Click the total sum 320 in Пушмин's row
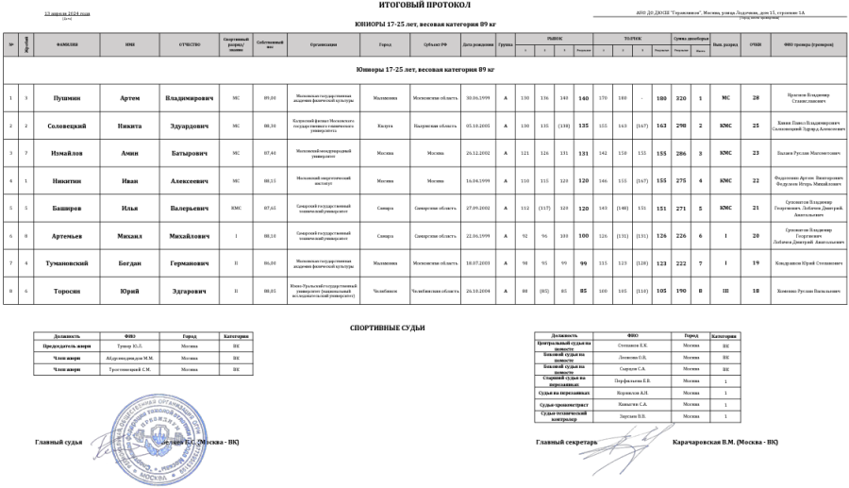(x=679, y=98)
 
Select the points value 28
(x=756, y=98)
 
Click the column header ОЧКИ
(x=756, y=44)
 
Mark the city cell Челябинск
(x=385, y=291)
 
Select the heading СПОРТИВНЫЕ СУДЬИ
(x=387, y=328)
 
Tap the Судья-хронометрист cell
(x=564, y=404)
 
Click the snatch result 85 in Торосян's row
(x=584, y=291)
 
